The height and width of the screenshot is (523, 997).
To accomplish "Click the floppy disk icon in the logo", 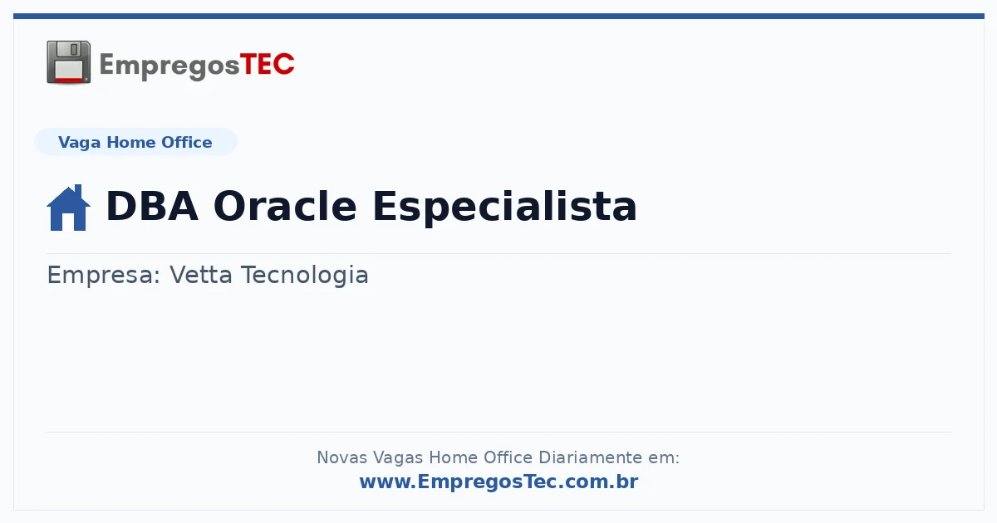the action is (x=68, y=62).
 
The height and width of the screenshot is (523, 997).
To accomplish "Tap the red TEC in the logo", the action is (x=267, y=65).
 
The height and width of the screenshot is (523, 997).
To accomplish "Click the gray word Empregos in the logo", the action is (x=169, y=66).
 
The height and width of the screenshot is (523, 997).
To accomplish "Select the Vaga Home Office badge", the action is (x=135, y=142).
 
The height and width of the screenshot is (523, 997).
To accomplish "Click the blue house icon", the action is (x=68, y=208).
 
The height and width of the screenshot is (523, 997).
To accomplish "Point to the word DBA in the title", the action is (x=152, y=206).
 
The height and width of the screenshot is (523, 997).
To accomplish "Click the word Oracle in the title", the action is (x=285, y=206).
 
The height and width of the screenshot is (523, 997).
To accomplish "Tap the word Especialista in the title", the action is (x=505, y=207).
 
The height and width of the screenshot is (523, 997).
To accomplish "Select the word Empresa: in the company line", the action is (x=104, y=276).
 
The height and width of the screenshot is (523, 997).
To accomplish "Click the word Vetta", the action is (x=201, y=275).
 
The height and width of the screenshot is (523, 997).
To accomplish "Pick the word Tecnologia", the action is (x=305, y=276).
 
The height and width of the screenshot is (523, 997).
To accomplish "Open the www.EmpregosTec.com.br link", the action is (x=499, y=481).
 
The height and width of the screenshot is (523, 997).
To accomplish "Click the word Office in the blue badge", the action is (x=186, y=142).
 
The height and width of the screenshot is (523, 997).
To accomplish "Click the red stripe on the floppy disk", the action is (x=68, y=80).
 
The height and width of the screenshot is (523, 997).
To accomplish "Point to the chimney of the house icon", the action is (x=79, y=190).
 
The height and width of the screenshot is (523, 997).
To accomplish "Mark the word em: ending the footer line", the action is (x=664, y=458).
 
